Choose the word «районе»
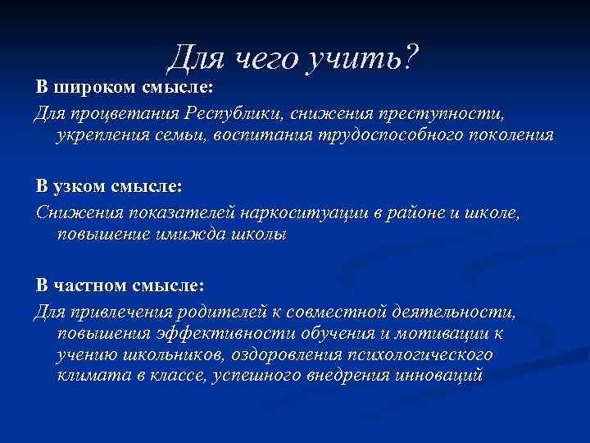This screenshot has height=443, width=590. click(415, 213)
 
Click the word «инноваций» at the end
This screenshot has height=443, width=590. click(442, 377)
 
